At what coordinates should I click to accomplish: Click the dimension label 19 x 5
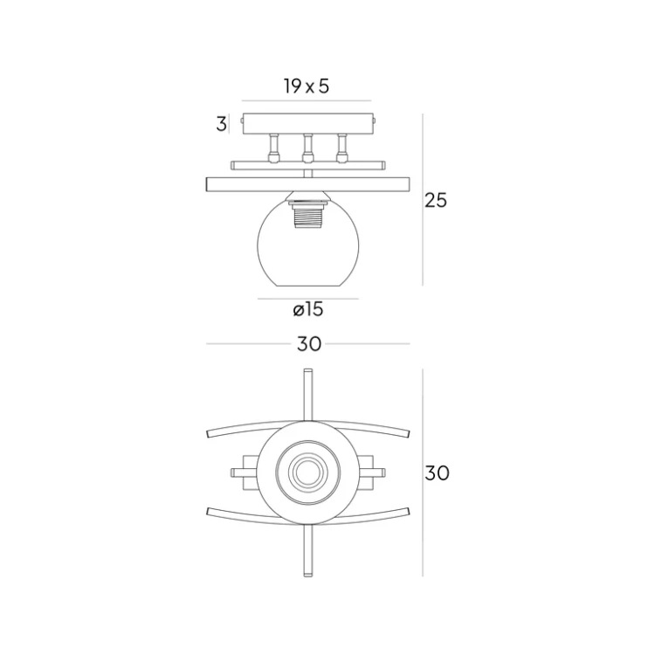click(306, 86)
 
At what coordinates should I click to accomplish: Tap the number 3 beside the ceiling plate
click(221, 124)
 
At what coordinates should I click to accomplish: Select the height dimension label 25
click(436, 200)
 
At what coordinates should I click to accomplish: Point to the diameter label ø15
click(308, 309)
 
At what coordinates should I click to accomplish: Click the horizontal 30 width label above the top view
click(308, 344)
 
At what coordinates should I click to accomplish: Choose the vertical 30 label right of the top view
click(437, 473)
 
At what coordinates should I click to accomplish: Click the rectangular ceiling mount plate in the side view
click(307, 123)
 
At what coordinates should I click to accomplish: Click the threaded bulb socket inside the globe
click(307, 215)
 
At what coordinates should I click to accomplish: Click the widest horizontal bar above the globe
click(307, 183)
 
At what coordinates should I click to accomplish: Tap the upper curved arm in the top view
click(236, 430)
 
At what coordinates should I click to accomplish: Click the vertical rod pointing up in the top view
click(307, 393)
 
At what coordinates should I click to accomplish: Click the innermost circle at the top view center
click(307, 472)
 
